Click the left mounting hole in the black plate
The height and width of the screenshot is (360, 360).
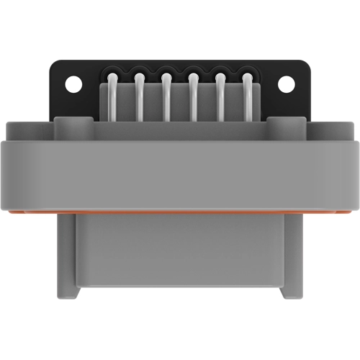(x=73, y=83)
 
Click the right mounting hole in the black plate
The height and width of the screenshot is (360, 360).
(x=286, y=83)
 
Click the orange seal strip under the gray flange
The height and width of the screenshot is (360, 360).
(x=180, y=214)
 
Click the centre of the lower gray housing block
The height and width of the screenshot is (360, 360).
(x=180, y=256)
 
